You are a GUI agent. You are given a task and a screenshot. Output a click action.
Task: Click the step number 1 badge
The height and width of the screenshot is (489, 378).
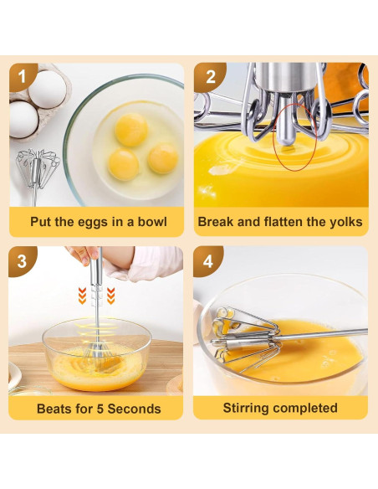[23, 77]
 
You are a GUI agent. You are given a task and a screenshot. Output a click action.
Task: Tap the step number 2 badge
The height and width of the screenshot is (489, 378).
[209, 77]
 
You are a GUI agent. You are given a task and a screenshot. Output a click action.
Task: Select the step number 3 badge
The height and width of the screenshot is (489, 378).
[22, 260]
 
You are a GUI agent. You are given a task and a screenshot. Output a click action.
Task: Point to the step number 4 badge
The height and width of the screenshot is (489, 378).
[207, 260]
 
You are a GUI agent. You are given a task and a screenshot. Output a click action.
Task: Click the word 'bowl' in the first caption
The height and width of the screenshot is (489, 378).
[152, 221]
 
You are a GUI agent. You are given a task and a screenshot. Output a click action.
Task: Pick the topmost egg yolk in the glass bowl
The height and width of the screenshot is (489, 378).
[131, 130]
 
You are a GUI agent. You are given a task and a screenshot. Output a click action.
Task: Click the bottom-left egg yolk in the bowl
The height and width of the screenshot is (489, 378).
[123, 164]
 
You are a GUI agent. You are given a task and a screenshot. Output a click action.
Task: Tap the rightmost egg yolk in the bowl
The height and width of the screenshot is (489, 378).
[163, 158]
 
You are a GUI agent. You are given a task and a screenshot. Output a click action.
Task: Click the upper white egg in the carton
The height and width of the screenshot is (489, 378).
[48, 90]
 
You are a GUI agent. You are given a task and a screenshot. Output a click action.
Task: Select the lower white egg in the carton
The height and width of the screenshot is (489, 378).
[23, 119]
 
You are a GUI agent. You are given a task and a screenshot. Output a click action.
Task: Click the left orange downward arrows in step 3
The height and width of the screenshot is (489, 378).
[82, 296]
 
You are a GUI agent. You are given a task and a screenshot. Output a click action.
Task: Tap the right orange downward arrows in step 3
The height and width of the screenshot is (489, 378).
[111, 296]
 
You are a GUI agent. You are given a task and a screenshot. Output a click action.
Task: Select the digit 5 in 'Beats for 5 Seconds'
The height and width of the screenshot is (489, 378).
[100, 409]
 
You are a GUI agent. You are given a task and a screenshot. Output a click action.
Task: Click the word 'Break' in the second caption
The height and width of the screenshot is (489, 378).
[216, 221]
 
